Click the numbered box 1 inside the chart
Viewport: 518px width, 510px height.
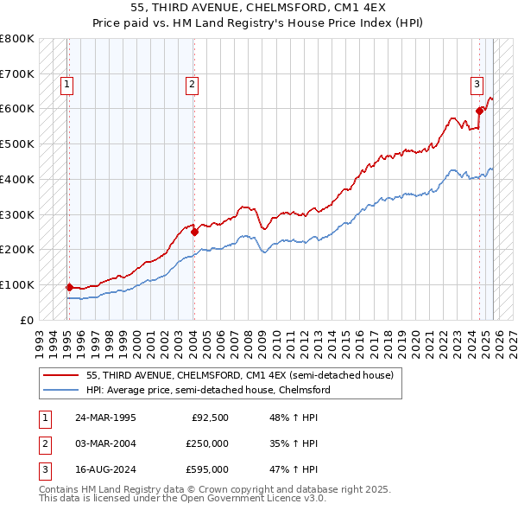[x=67, y=85]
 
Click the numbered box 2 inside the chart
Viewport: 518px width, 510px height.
[x=191, y=85]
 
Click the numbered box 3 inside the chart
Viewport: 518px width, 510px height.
[x=477, y=85]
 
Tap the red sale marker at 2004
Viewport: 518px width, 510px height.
[x=194, y=232]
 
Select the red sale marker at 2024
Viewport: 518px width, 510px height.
[x=479, y=111]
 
